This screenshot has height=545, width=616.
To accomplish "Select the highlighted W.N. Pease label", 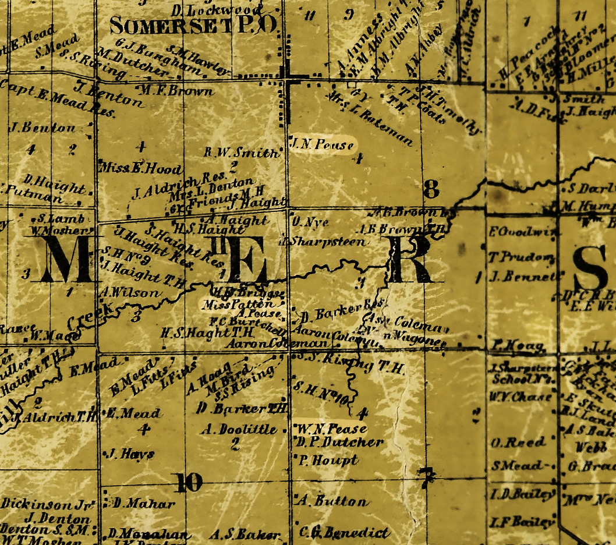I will [x=331, y=429].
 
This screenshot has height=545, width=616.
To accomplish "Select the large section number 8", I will [x=431, y=189].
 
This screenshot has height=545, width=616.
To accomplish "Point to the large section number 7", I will [x=427, y=477].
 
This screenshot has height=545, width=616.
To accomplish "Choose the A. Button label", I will [x=333, y=501].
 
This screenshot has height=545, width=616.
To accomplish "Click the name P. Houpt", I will [x=328, y=461].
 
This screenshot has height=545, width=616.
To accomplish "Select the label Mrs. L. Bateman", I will [x=371, y=118].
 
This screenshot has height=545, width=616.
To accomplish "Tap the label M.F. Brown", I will [x=175, y=91].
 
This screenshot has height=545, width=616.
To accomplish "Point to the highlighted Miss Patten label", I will [x=238, y=305].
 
